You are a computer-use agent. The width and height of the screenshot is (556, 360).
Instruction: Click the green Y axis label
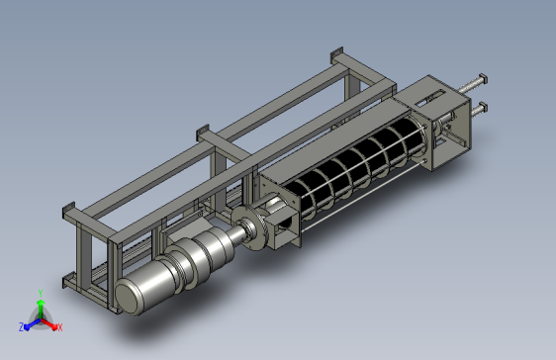[41, 293]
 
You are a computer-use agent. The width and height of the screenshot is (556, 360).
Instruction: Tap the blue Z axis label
[22, 327]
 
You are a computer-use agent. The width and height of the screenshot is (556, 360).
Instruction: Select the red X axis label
[60, 327]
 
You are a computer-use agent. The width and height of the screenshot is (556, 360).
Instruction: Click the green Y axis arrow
[41, 309]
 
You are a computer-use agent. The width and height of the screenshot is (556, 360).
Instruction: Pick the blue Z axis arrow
[33, 324]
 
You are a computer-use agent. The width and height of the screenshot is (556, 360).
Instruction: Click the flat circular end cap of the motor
[127, 297]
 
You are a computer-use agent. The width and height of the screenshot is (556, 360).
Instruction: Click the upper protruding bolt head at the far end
[483, 79]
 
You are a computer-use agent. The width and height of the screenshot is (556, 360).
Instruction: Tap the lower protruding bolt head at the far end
[483, 108]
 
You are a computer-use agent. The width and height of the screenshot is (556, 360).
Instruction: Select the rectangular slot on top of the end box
[429, 98]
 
